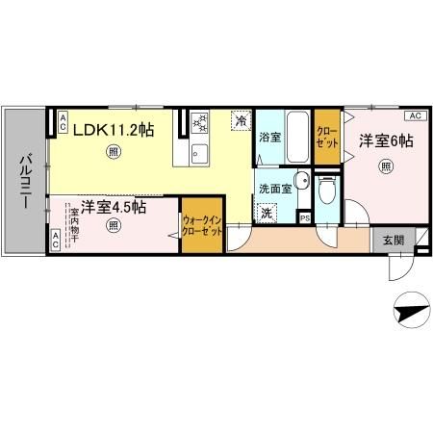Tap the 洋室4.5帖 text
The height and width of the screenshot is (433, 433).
tap(113, 206)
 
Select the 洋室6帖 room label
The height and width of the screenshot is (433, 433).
tap(386, 140)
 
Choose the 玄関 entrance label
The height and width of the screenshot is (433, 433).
tap(394, 241)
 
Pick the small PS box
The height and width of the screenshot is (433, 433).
tap(305, 217)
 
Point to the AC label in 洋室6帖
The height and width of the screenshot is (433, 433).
tap(415, 115)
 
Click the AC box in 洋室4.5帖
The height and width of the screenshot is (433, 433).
tap(55, 244)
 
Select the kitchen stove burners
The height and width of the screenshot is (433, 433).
tap(199, 123)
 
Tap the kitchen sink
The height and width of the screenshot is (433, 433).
tap(200, 152)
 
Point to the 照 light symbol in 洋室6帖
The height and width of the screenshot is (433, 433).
tap(386, 167)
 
